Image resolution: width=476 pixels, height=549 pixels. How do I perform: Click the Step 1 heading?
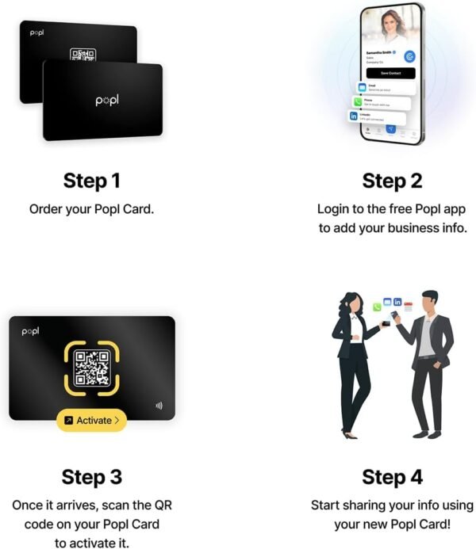(92, 181)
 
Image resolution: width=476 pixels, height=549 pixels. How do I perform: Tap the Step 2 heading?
(392, 181)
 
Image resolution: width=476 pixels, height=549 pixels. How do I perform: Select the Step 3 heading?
(92, 477)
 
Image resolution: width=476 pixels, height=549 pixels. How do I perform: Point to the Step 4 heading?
(392, 477)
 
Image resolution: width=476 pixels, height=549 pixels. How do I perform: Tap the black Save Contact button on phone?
(389, 73)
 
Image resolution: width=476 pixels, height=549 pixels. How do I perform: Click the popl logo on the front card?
(106, 101)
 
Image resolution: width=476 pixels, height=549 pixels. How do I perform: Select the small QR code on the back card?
(83, 55)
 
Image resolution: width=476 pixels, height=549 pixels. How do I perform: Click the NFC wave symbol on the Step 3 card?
(159, 406)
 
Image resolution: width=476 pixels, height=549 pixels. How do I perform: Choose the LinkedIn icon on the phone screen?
(353, 116)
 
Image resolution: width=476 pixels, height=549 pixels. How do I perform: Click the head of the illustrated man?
(430, 301)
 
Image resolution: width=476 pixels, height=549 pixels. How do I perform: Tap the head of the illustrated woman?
(351, 303)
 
